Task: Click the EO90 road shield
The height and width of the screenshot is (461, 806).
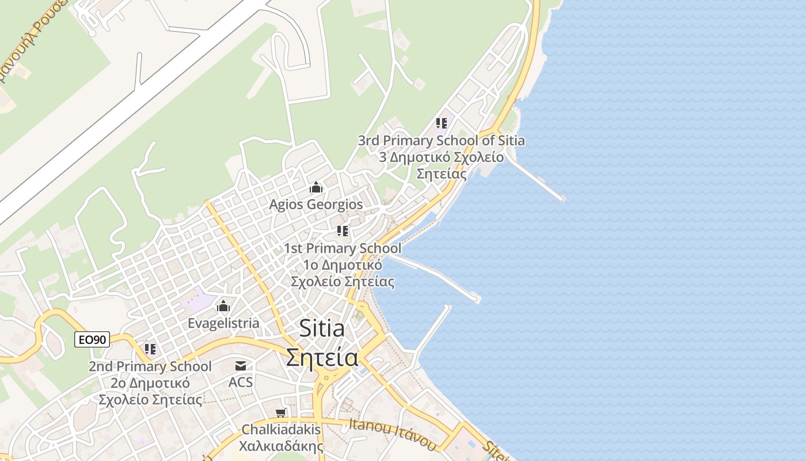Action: (92, 340)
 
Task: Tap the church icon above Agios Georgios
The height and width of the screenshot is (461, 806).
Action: (315, 188)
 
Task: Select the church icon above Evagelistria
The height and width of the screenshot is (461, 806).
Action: (223, 306)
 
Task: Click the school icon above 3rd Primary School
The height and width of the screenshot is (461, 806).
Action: (442, 123)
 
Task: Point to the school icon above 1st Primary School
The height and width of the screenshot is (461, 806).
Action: (343, 231)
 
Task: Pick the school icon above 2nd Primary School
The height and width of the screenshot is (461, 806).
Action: (150, 349)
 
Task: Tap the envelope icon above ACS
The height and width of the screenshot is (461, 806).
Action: (241, 365)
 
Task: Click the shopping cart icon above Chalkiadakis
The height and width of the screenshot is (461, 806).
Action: (281, 413)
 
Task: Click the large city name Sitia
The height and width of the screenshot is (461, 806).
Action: (322, 328)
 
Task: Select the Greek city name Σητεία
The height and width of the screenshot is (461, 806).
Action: (322, 357)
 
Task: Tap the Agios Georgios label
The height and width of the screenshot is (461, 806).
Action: (316, 205)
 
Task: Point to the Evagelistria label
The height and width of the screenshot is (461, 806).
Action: (223, 323)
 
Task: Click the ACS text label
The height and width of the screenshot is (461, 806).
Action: (241, 382)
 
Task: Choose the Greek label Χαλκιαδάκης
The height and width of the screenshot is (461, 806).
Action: (281, 446)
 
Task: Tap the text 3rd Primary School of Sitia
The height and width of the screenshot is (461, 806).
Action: (441, 141)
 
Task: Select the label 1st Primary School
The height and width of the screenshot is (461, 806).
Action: (343, 248)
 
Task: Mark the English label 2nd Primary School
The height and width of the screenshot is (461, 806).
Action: (150, 366)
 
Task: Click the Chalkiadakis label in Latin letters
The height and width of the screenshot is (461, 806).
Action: (281, 429)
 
